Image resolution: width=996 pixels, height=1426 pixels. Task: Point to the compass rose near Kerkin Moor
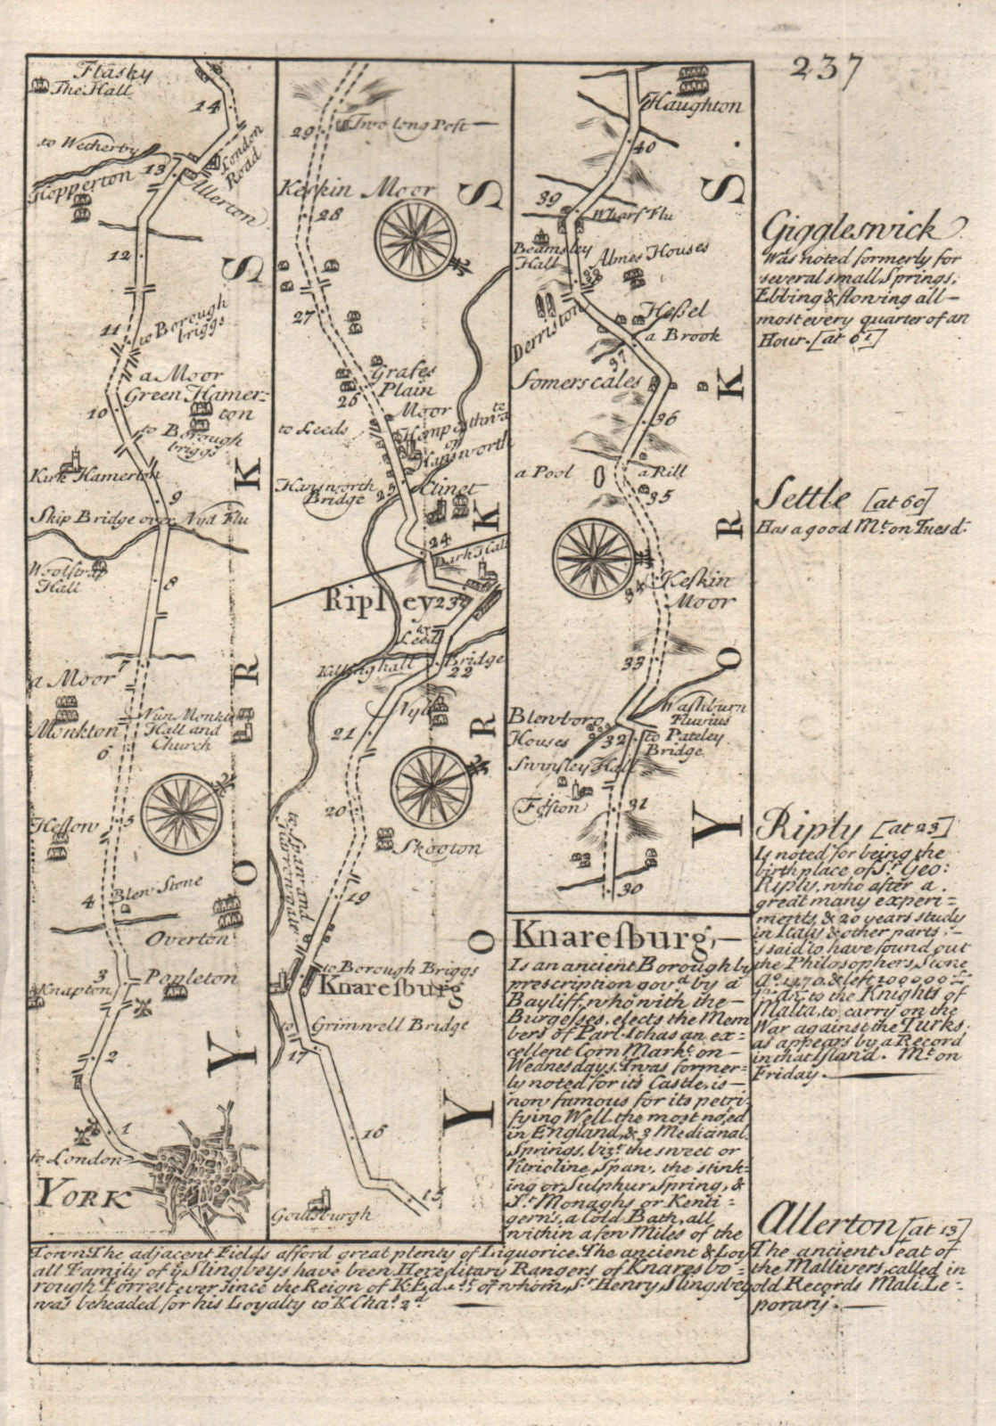[416, 240]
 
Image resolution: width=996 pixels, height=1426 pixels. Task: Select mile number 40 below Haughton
[645, 146]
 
